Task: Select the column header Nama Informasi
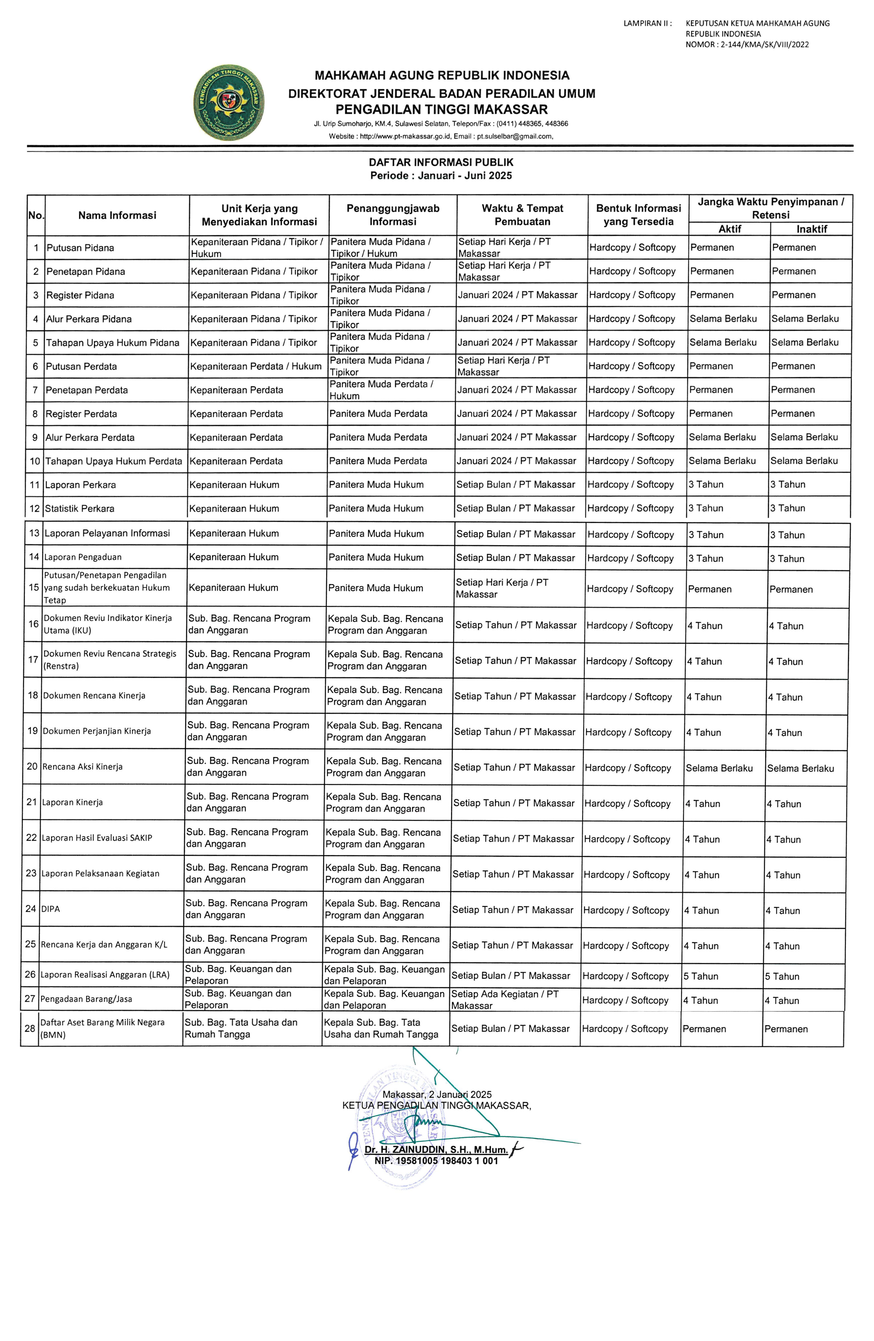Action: (117, 215)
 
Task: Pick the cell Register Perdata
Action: (81, 414)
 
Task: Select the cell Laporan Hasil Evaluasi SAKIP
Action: (97, 838)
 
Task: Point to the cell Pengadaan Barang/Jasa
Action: (86, 999)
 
